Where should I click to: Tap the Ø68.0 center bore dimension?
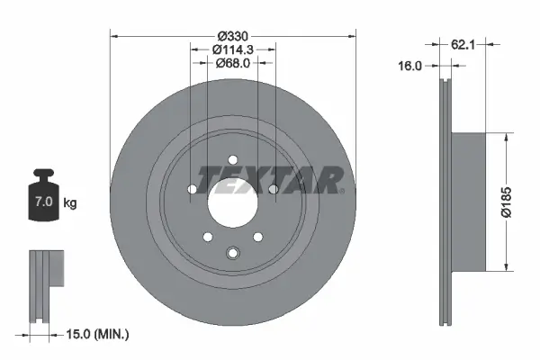[x=232, y=63]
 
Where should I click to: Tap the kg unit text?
[x=70, y=203]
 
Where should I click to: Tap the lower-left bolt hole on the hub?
[x=208, y=237]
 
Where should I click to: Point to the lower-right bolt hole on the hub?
[x=257, y=237]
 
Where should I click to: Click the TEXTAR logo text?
[x=270, y=180]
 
